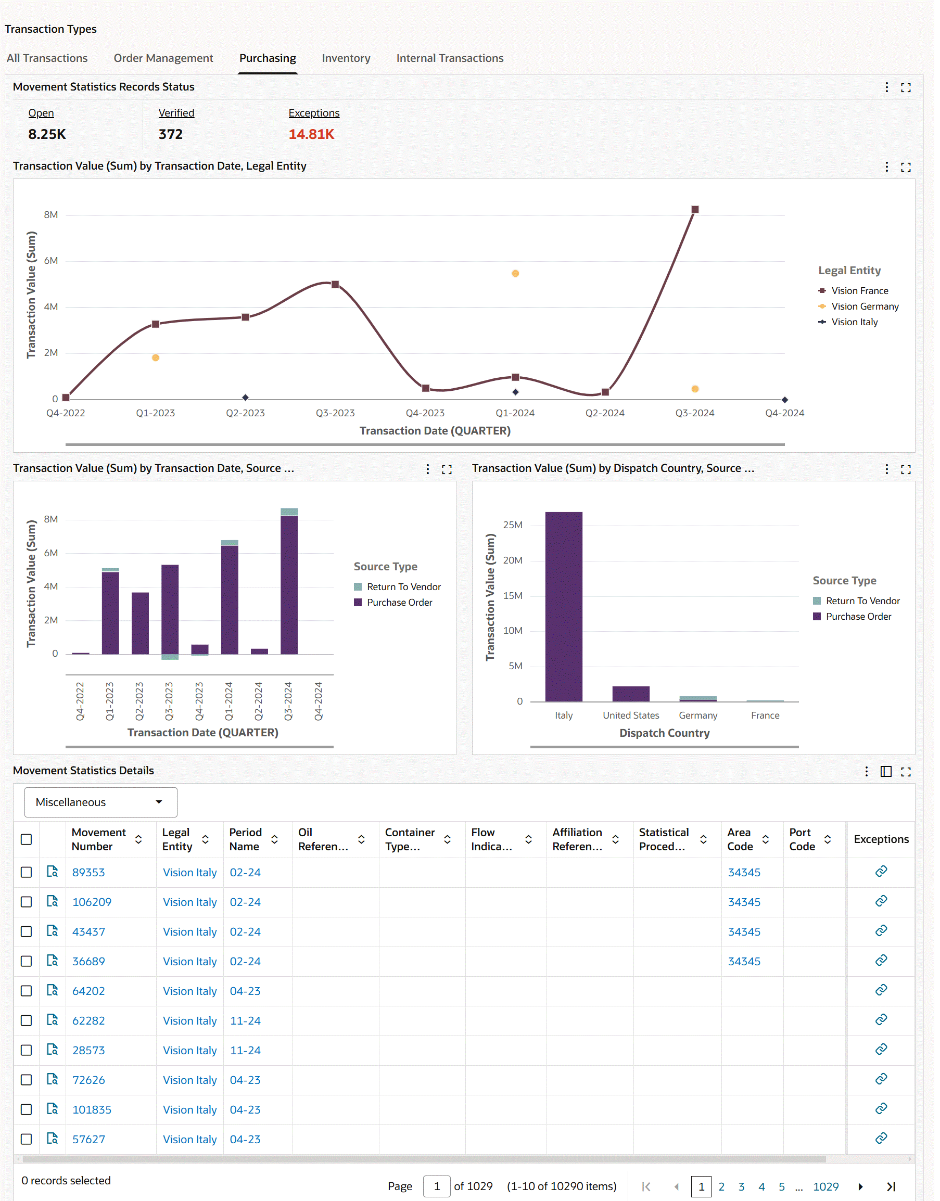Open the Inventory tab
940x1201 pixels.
coord(346,58)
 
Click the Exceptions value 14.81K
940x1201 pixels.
coord(311,134)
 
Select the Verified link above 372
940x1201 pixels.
coord(176,113)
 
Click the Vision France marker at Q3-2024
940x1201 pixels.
coord(694,210)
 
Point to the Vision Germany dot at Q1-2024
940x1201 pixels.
coord(515,273)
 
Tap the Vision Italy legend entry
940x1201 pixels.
coord(854,322)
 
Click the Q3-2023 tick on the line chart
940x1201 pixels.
coord(335,413)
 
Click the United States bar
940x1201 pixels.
coord(631,694)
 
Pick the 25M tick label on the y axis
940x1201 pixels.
coord(512,525)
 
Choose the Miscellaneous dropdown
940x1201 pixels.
coord(101,802)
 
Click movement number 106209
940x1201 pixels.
coord(92,902)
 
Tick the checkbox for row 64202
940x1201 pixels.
coord(26,991)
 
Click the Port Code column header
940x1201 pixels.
coord(802,839)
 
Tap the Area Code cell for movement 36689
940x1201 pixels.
coord(744,961)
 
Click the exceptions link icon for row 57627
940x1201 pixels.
coord(881,1138)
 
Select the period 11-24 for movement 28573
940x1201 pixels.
coord(245,1050)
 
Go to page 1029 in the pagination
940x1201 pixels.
coord(825,1186)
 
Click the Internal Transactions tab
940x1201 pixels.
coord(450,58)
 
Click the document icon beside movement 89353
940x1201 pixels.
coord(52,872)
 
